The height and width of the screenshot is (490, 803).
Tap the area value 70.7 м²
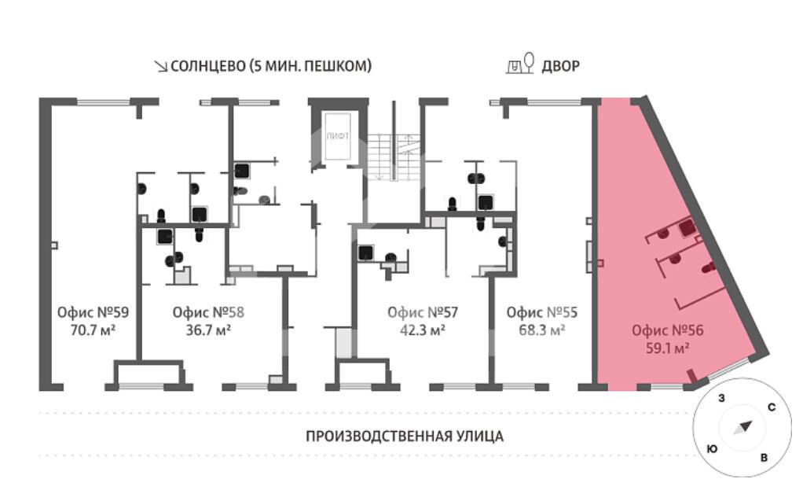tap(93, 330)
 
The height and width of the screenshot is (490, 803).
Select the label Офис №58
tap(208, 311)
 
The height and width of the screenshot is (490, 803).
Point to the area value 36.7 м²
tap(208, 330)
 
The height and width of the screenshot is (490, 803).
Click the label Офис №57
tap(423, 311)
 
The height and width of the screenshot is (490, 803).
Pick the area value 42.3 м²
tap(423, 330)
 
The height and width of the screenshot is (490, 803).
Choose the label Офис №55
tap(542, 311)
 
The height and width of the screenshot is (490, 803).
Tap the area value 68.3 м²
tap(542, 330)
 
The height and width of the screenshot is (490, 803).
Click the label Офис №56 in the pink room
tap(667, 330)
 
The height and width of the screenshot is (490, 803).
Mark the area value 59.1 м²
tap(667, 348)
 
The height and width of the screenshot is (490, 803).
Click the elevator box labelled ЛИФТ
tap(338, 137)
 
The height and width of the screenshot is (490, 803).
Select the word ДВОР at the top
tap(561, 66)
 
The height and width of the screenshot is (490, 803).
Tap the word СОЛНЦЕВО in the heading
tap(207, 66)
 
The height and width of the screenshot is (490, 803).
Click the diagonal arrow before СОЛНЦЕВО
tap(160, 67)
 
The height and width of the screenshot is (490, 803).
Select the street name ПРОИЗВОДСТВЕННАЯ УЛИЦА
tap(404, 436)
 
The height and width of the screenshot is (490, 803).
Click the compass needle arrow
tap(742, 427)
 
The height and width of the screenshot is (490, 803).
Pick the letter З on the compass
tap(720, 398)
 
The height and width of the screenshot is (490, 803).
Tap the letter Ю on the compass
tap(711, 448)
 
